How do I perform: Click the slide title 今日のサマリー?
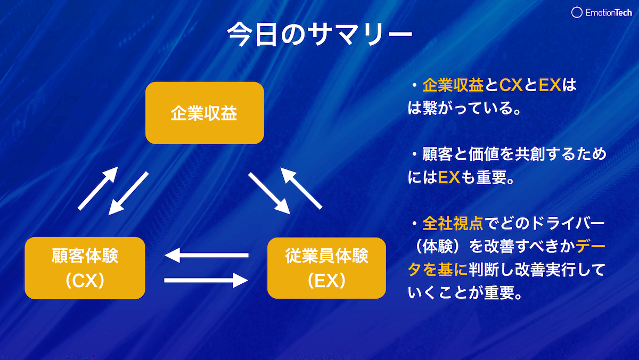[x=319, y=34]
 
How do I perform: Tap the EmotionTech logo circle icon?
[x=576, y=13]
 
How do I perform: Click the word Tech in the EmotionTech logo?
[x=620, y=13]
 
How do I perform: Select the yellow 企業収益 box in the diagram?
[x=204, y=113]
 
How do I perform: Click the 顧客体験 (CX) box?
[x=85, y=268]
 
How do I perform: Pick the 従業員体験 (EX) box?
[x=326, y=268]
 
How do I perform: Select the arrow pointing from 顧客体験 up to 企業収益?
[x=97, y=187]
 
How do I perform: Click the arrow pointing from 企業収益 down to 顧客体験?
[x=128, y=193]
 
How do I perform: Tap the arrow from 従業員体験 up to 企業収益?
[x=301, y=187]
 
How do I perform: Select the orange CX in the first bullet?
[x=511, y=85]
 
